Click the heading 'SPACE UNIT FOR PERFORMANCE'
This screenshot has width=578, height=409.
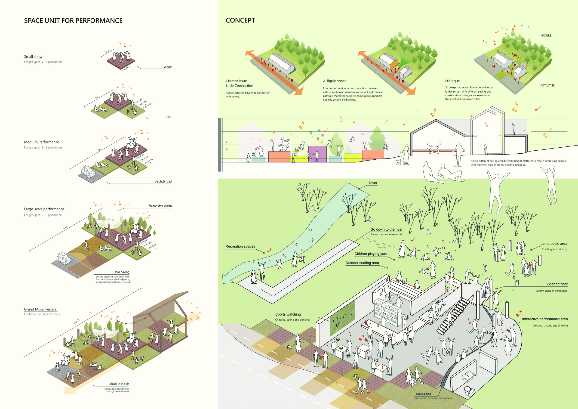(73, 21)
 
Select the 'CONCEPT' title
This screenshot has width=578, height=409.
(240, 20)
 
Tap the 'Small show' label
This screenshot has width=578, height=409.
(33, 57)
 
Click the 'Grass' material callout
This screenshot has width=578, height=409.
(168, 117)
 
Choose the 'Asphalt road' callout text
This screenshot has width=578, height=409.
(163, 182)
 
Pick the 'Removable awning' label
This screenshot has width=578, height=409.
(160, 206)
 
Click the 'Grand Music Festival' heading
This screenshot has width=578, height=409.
(40, 309)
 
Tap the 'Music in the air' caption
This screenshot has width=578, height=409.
(119, 384)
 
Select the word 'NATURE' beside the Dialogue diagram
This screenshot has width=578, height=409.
(546, 36)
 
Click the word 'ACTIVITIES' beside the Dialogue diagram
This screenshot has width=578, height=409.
(547, 86)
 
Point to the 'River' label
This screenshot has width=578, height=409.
(373, 183)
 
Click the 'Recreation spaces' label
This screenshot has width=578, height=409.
(240, 247)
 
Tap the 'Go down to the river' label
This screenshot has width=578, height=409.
(386, 229)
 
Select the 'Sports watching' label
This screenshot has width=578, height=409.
(288, 314)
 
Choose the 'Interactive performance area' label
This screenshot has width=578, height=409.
(544, 319)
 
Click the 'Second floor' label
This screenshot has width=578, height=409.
(557, 284)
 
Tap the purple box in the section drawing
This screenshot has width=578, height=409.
(317, 153)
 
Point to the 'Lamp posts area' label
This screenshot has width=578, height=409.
(553, 244)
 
